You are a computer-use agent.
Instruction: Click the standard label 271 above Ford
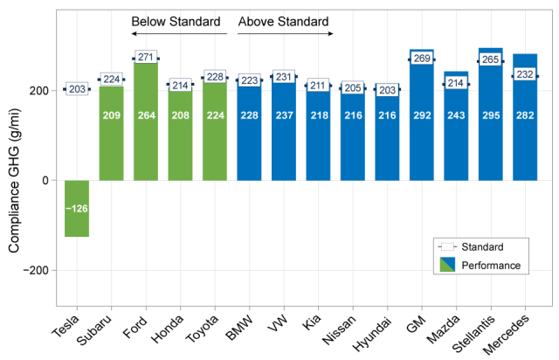pyautogui.click(x=146, y=57)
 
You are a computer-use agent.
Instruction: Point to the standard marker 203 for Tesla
pyautogui.click(x=77, y=89)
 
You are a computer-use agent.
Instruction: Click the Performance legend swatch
pyautogui.click(x=448, y=265)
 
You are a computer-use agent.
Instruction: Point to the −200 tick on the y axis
pyautogui.click(x=41, y=270)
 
